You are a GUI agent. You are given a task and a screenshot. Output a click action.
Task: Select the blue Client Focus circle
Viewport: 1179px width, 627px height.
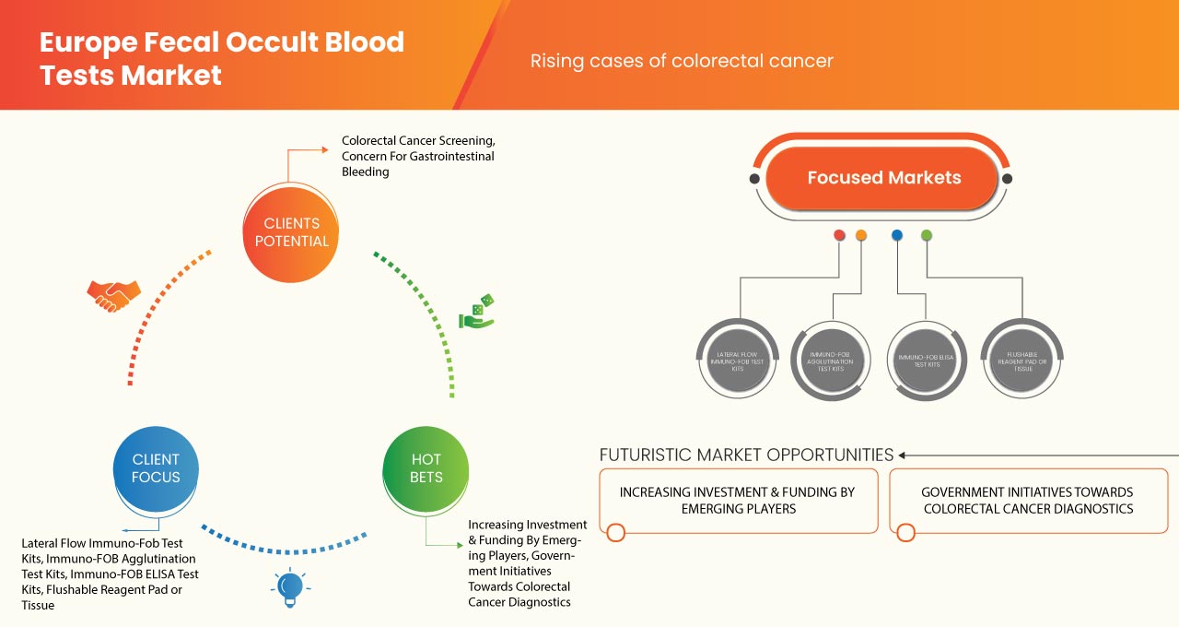coord(156,468)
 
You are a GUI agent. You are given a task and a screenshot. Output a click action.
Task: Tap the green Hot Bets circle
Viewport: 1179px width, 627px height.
coord(426,468)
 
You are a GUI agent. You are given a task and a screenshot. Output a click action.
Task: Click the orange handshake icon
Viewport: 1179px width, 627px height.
coord(113,295)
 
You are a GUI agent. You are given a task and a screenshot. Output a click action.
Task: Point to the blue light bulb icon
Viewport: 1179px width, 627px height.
coord(290,587)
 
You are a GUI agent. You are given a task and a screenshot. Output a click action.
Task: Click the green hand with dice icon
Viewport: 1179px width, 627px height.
coord(477,313)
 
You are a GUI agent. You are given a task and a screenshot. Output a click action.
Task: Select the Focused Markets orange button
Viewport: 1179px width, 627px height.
coord(883,178)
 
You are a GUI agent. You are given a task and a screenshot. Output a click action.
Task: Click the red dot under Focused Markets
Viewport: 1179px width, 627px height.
coord(839,235)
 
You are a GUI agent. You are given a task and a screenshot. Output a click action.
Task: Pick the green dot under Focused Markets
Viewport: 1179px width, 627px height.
coord(927,235)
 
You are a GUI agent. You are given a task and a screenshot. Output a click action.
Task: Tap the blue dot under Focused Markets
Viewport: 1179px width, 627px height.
coord(897,235)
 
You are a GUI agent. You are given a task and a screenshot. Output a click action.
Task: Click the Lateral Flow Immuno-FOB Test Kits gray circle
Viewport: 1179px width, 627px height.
coord(736,361)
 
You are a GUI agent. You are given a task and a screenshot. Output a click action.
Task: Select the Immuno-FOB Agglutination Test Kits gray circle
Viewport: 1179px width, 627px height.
coord(831,361)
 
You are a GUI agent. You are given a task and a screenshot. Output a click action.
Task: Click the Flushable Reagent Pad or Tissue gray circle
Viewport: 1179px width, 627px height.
coord(1020,361)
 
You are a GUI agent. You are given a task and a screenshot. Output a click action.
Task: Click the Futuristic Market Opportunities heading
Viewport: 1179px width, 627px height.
coord(746,455)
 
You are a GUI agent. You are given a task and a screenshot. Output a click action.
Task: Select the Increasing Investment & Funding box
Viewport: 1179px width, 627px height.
coord(738,501)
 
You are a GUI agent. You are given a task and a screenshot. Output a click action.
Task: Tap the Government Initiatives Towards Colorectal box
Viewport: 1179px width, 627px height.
coord(1027,501)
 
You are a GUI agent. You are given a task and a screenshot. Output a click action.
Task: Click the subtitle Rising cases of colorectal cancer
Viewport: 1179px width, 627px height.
coord(682,61)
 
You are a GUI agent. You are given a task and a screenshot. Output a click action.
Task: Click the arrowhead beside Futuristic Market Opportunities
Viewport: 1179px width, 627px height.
coord(903,455)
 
